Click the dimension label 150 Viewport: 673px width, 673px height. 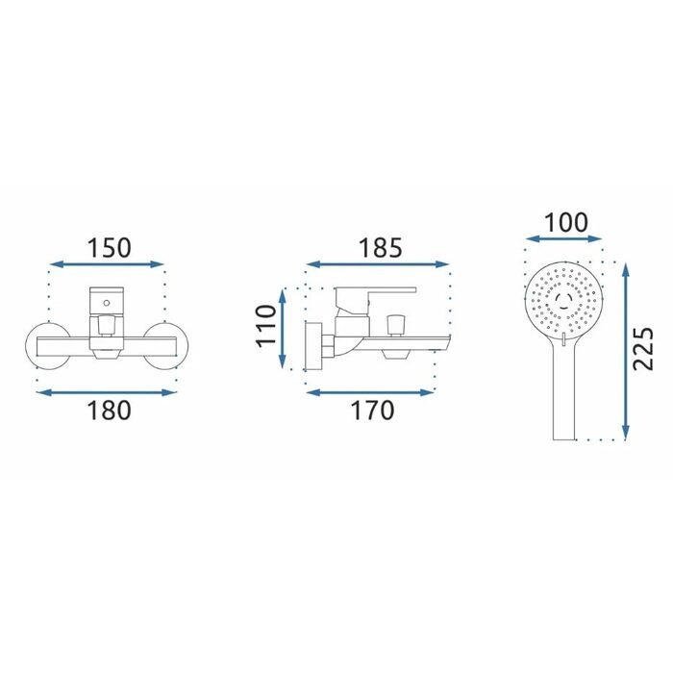[x=109, y=248]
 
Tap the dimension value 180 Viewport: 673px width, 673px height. [x=109, y=411]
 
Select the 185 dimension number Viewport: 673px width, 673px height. [x=381, y=248]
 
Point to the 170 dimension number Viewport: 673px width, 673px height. [x=373, y=411]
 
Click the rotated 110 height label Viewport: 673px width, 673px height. [x=265, y=325]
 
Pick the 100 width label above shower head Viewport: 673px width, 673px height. [x=566, y=223]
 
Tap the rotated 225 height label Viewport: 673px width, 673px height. [x=643, y=349]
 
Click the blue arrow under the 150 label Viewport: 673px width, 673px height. [x=107, y=264]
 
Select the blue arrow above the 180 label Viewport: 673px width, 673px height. [x=107, y=392]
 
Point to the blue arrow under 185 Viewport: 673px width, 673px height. [x=378, y=264]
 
